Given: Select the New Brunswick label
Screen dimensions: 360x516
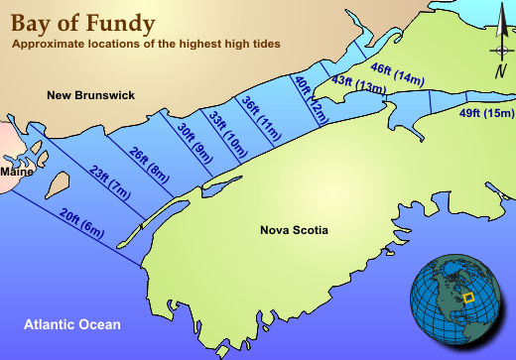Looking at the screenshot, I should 90,95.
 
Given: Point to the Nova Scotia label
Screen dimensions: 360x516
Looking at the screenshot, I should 294,231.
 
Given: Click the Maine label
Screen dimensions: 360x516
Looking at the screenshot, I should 17,172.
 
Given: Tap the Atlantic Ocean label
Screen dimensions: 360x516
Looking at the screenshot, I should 73,324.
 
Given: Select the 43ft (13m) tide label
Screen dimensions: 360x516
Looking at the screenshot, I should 358,84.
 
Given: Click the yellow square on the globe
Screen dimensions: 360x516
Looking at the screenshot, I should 471,295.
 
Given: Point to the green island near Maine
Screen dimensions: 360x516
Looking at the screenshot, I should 57,184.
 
